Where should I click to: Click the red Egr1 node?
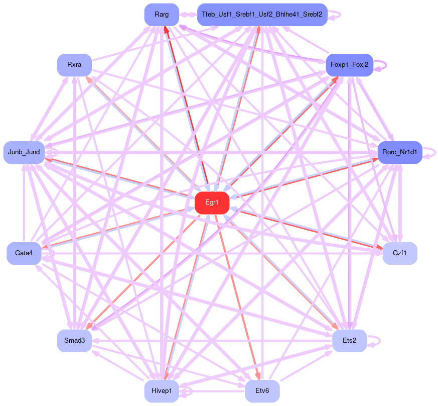tap(212, 202)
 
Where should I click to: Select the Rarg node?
tap(162, 15)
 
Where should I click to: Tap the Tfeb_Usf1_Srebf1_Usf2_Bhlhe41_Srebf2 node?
tap(262, 15)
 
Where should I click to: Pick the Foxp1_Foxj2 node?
tap(349, 65)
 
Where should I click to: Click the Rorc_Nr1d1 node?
tap(400, 152)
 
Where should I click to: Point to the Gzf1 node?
tap(399, 253)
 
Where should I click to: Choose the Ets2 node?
tap(349, 341)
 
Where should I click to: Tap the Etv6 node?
tap(262, 391)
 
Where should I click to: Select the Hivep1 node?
tap(162, 391)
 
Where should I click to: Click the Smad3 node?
tap(74, 341)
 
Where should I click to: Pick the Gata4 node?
tap(24, 253)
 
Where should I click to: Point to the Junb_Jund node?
tap(24, 152)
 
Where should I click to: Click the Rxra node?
tap(74, 65)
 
